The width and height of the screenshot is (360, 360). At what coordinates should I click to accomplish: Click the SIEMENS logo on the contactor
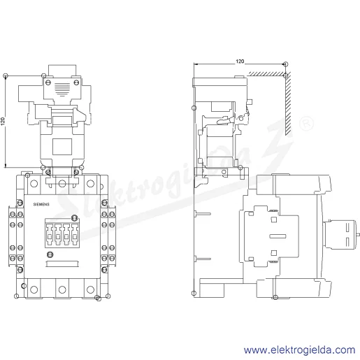(x=41, y=204)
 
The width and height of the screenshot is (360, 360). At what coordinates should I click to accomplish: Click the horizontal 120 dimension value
(x=240, y=62)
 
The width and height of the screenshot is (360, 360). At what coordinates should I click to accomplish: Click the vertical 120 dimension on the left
(x=3, y=122)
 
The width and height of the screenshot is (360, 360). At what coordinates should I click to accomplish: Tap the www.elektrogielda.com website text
(x=299, y=350)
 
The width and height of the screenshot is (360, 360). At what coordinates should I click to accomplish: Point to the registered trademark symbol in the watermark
(x=306, y=124)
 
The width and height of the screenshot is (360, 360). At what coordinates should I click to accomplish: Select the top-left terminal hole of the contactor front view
(x=34, y=184)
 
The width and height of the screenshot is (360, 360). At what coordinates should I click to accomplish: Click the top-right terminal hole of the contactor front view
(x=90, y=184)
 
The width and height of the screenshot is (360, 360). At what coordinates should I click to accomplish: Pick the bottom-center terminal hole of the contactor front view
(x=62, y=289)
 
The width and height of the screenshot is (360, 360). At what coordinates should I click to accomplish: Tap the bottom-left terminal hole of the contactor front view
(x=34, y=289)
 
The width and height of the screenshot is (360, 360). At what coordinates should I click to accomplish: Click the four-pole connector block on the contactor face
(x=62, y=233)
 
